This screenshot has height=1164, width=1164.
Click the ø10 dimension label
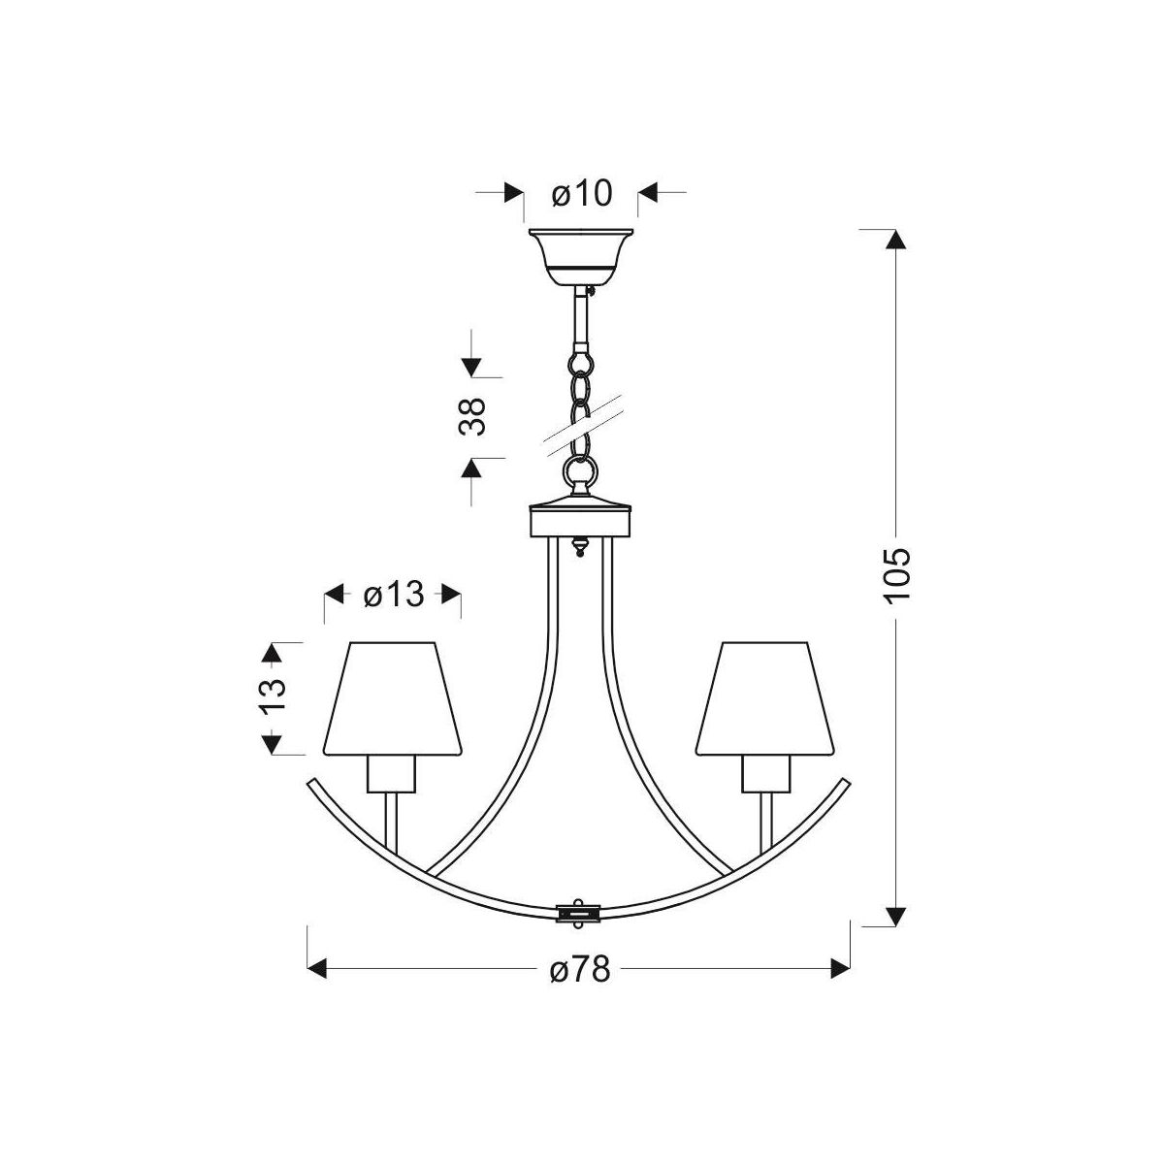[x=582, y=193]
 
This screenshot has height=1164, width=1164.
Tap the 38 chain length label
[x=471, y=416]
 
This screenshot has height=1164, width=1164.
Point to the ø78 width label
[x=580, y=970]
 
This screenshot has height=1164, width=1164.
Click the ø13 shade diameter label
[x=394, y=595]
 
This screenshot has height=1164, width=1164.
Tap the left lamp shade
[x=393, y=698]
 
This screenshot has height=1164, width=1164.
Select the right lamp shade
[x=764, y=698]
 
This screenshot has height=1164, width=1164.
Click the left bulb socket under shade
[x=392, y=774]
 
